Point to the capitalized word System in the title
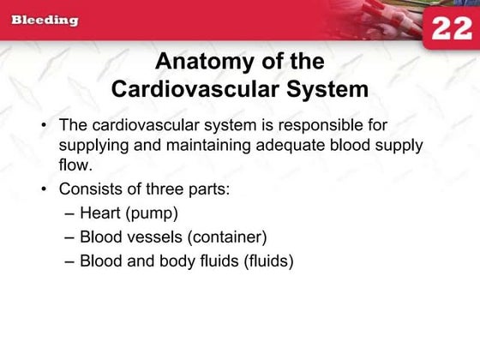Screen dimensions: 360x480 pos(329,88)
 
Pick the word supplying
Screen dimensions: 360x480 pos(92,145)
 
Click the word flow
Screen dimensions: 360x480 pos(74,165)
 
